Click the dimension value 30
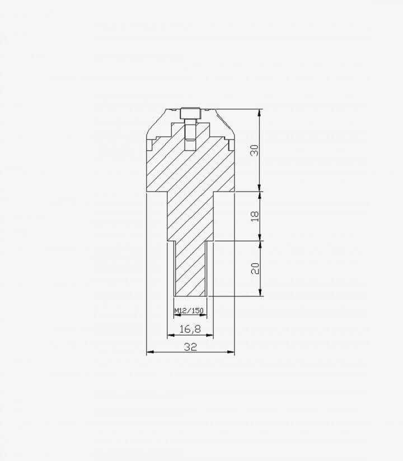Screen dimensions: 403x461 (x=255, y=150)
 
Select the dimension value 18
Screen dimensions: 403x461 (x=255, y=216)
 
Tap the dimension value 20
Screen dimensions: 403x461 (x=255, y=268)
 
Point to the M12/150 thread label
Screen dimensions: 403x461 (x=189, y=310)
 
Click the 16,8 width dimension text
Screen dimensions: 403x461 (x=190, y=329)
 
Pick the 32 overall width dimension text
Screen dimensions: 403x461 (x=190, y=347)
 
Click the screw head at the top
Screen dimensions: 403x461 (x=190, y=114)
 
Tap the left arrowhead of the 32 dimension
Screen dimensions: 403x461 (x=150, y=352)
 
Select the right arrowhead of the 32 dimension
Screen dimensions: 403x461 (x=231, y=352)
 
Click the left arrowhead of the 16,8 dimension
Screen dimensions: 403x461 (x=171, y=335)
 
